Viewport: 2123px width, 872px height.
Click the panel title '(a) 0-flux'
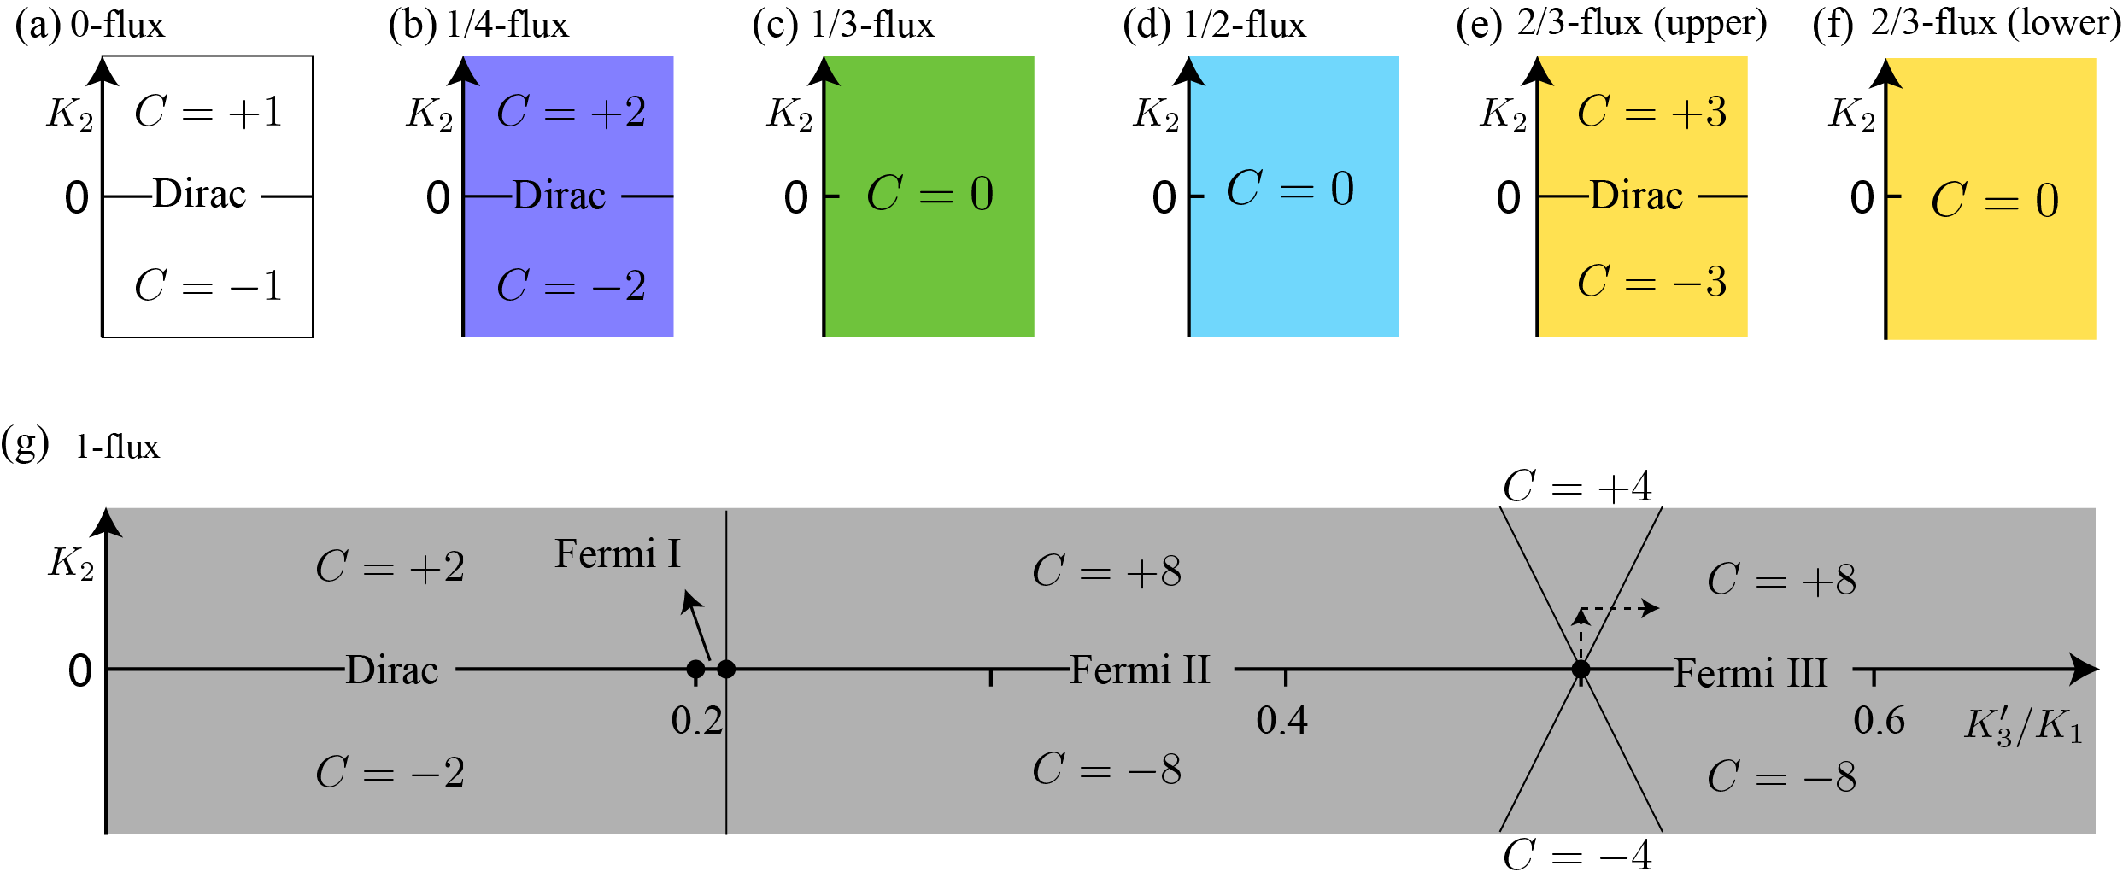tap(90, 25)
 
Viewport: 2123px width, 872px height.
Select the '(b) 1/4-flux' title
tap(478, 25)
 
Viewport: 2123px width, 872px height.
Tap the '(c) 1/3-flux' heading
tap(843, 25)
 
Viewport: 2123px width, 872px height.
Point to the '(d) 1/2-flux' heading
tap(1214, 25)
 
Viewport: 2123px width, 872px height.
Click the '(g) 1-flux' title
tap(81, 446)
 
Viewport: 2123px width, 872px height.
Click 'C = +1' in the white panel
tap(208, 112)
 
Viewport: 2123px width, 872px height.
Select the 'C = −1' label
tap(208, 285)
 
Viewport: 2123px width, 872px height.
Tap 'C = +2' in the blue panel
tap(571, 112)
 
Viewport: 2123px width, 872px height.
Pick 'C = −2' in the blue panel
tap(571, 285)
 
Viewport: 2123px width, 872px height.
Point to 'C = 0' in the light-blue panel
tap(1290, 189)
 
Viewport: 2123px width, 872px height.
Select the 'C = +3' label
tap(1651, 112)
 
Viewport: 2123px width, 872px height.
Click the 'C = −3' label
tap(1651, 282)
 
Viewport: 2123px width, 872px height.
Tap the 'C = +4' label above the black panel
tap(1577, 487)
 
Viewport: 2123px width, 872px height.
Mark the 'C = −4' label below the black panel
tap(1577, 855)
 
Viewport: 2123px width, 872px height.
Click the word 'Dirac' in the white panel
tap(200, 194)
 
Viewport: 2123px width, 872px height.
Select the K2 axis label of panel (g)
tap(71, 564)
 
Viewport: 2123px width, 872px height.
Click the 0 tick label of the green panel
tap(796, 198)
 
